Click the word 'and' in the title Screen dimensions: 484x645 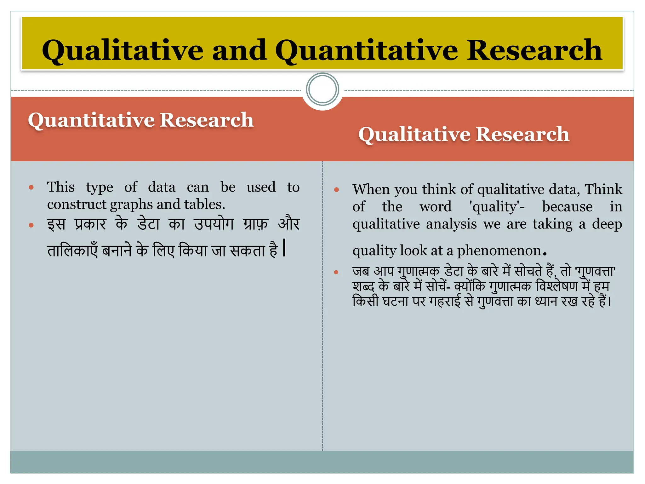pos(239,50)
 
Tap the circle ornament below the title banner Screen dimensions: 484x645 pos(322,89)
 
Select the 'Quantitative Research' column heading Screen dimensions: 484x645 pos(141,120)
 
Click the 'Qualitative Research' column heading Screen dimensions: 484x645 pos(464,134)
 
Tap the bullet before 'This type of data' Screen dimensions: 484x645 pos(31,187)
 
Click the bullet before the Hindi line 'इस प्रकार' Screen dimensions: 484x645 pos(31,225)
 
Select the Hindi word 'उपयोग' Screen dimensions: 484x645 pos(214,224)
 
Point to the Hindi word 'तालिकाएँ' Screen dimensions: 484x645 pos(72,251)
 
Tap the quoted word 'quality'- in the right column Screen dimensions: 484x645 pos(497,207)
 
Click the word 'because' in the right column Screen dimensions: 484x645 pos(567,207)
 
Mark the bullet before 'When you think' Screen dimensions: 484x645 pos(336,190)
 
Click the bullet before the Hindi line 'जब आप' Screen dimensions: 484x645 pos(336,272)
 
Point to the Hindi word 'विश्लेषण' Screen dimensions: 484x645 pos(557,286)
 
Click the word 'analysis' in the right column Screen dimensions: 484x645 pos(451,224)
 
